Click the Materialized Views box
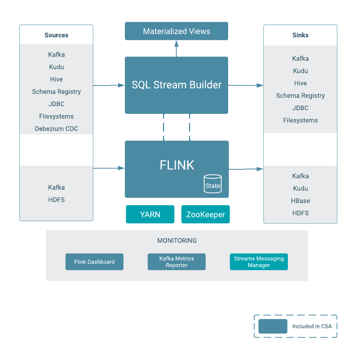[x=176, y=31]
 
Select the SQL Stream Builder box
[x=176, y=85]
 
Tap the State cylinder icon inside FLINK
[x=213, y=184]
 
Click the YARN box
[x=150, y=214]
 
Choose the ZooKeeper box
[x=205, y=214]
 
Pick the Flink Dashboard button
[x=94, y=262]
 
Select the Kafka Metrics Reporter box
[x=176, y=262]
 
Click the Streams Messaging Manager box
[x=259, y=262]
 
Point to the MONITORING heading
[x=177, y=240]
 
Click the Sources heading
[x=56, y=35]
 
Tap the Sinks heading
[x=300, y=35]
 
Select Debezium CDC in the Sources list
[x=56, y=129]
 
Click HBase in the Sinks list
[x=300, y=201]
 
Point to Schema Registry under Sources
[x=56, y=92]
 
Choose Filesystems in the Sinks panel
[x=300, y=120]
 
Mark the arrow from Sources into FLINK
[x=109, y=168]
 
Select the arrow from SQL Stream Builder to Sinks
[x=246, y=86]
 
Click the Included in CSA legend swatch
[x=273, y=326]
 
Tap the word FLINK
[x=177, y=165]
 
